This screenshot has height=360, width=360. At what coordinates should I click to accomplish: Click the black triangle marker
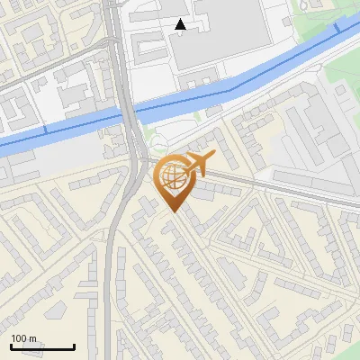tap(181, 25)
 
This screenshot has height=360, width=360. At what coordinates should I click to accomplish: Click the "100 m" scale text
tap(23, 338)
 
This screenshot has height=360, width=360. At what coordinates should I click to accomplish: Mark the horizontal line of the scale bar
tap(42, 346)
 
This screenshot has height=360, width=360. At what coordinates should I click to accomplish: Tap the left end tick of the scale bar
tap(11, 345)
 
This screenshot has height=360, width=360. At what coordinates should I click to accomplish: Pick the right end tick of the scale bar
tap(74, 345)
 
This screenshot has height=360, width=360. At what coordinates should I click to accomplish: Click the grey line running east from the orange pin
tap(270, 183)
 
